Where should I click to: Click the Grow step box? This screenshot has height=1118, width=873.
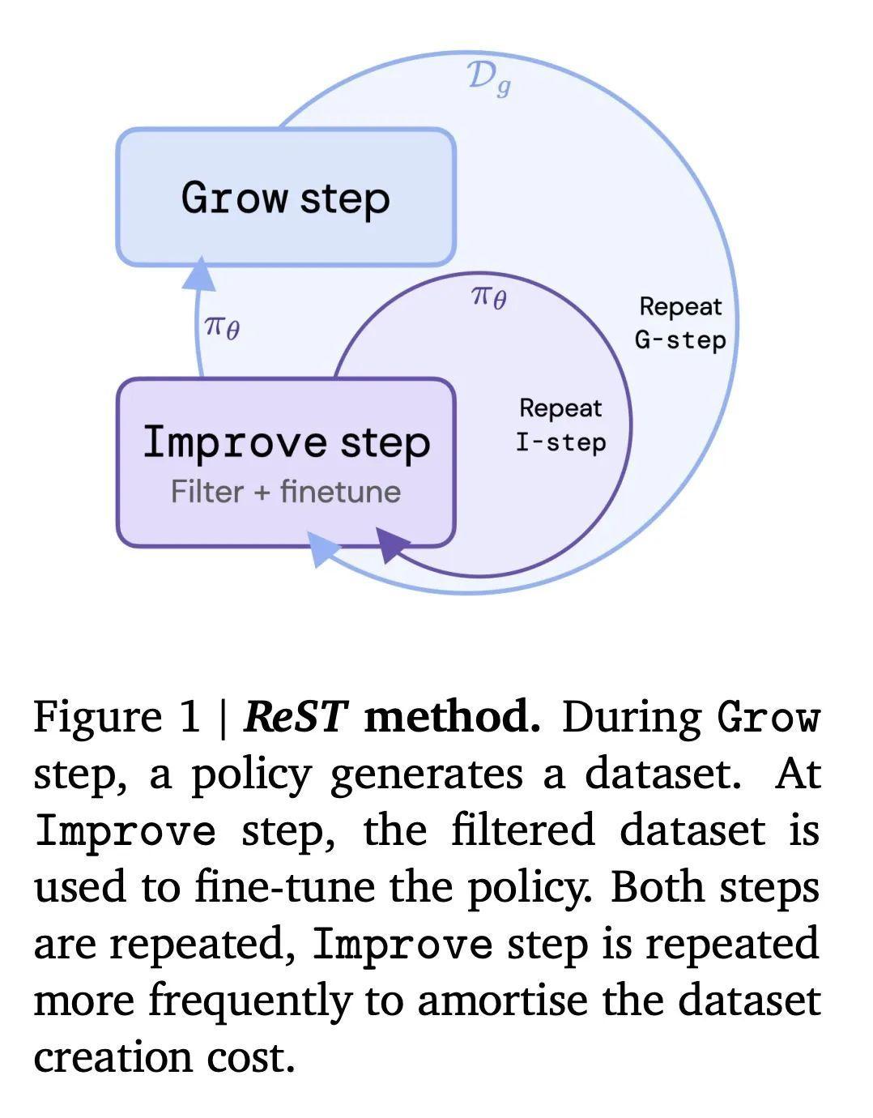point(286,197)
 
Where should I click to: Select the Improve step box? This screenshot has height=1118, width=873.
point(286,463)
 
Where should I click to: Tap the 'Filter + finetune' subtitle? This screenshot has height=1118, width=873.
point(286,491)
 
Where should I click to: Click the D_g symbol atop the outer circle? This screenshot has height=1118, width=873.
point(489,79)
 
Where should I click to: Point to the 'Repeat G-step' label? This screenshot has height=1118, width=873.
point(680,323)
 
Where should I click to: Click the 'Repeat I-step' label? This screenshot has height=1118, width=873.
point(561,425)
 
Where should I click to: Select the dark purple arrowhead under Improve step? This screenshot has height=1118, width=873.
point(393,544)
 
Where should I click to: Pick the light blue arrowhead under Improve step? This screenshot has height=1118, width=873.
point(323,549)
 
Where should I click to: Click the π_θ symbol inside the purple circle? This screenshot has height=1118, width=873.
point(488,298)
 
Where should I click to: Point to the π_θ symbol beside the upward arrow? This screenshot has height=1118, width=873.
point(222,328)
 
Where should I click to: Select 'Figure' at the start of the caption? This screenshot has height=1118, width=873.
point(98,719)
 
